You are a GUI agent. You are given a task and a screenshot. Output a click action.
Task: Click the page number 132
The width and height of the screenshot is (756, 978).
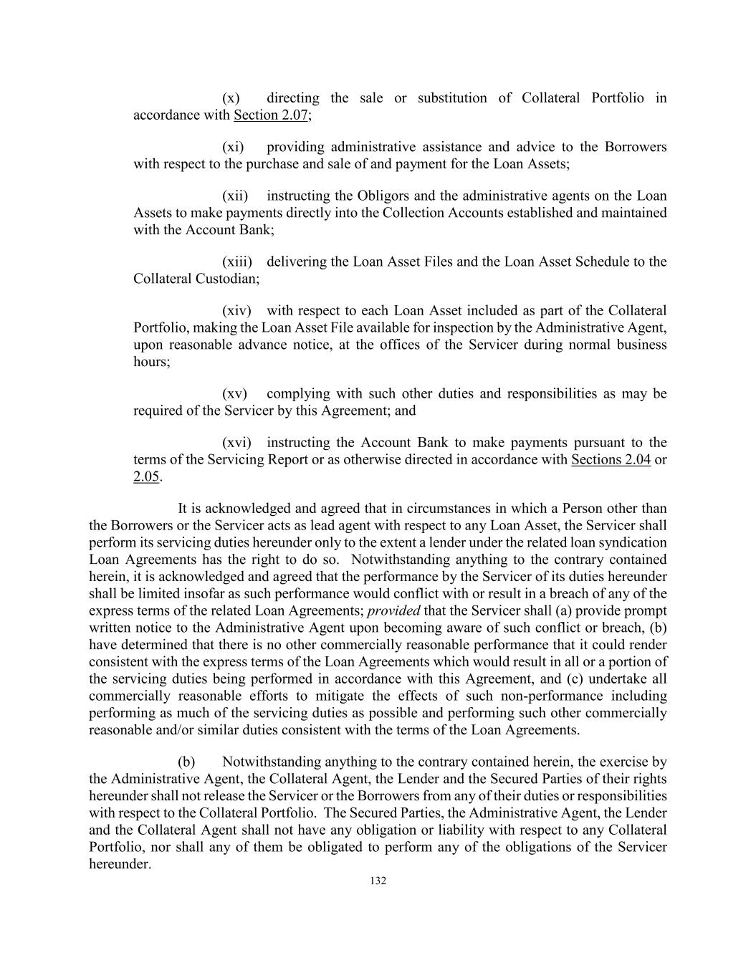[378, 881]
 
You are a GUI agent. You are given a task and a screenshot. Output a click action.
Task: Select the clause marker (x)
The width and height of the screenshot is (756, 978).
[230, 98]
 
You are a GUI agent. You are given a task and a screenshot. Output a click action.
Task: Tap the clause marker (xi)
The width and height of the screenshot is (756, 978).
[233, 147]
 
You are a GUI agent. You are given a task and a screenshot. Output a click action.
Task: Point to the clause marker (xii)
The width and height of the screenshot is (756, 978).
[235, 196]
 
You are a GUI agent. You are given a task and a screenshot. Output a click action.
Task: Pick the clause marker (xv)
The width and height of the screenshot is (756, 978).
[234, 393]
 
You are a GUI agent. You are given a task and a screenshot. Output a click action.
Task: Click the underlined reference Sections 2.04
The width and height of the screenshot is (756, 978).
[611, 459]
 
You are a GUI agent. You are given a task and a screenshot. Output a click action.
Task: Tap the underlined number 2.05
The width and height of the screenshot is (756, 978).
[146, 476]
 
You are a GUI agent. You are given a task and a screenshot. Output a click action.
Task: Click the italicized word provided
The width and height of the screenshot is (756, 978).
[393, 611]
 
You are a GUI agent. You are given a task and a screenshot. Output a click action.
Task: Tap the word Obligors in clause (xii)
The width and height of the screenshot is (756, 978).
[370, 196]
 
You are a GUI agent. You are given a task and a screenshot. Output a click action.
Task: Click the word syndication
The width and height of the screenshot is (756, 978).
[633, 542]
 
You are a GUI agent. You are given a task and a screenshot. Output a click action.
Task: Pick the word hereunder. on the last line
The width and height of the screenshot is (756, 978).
[120, 865]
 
